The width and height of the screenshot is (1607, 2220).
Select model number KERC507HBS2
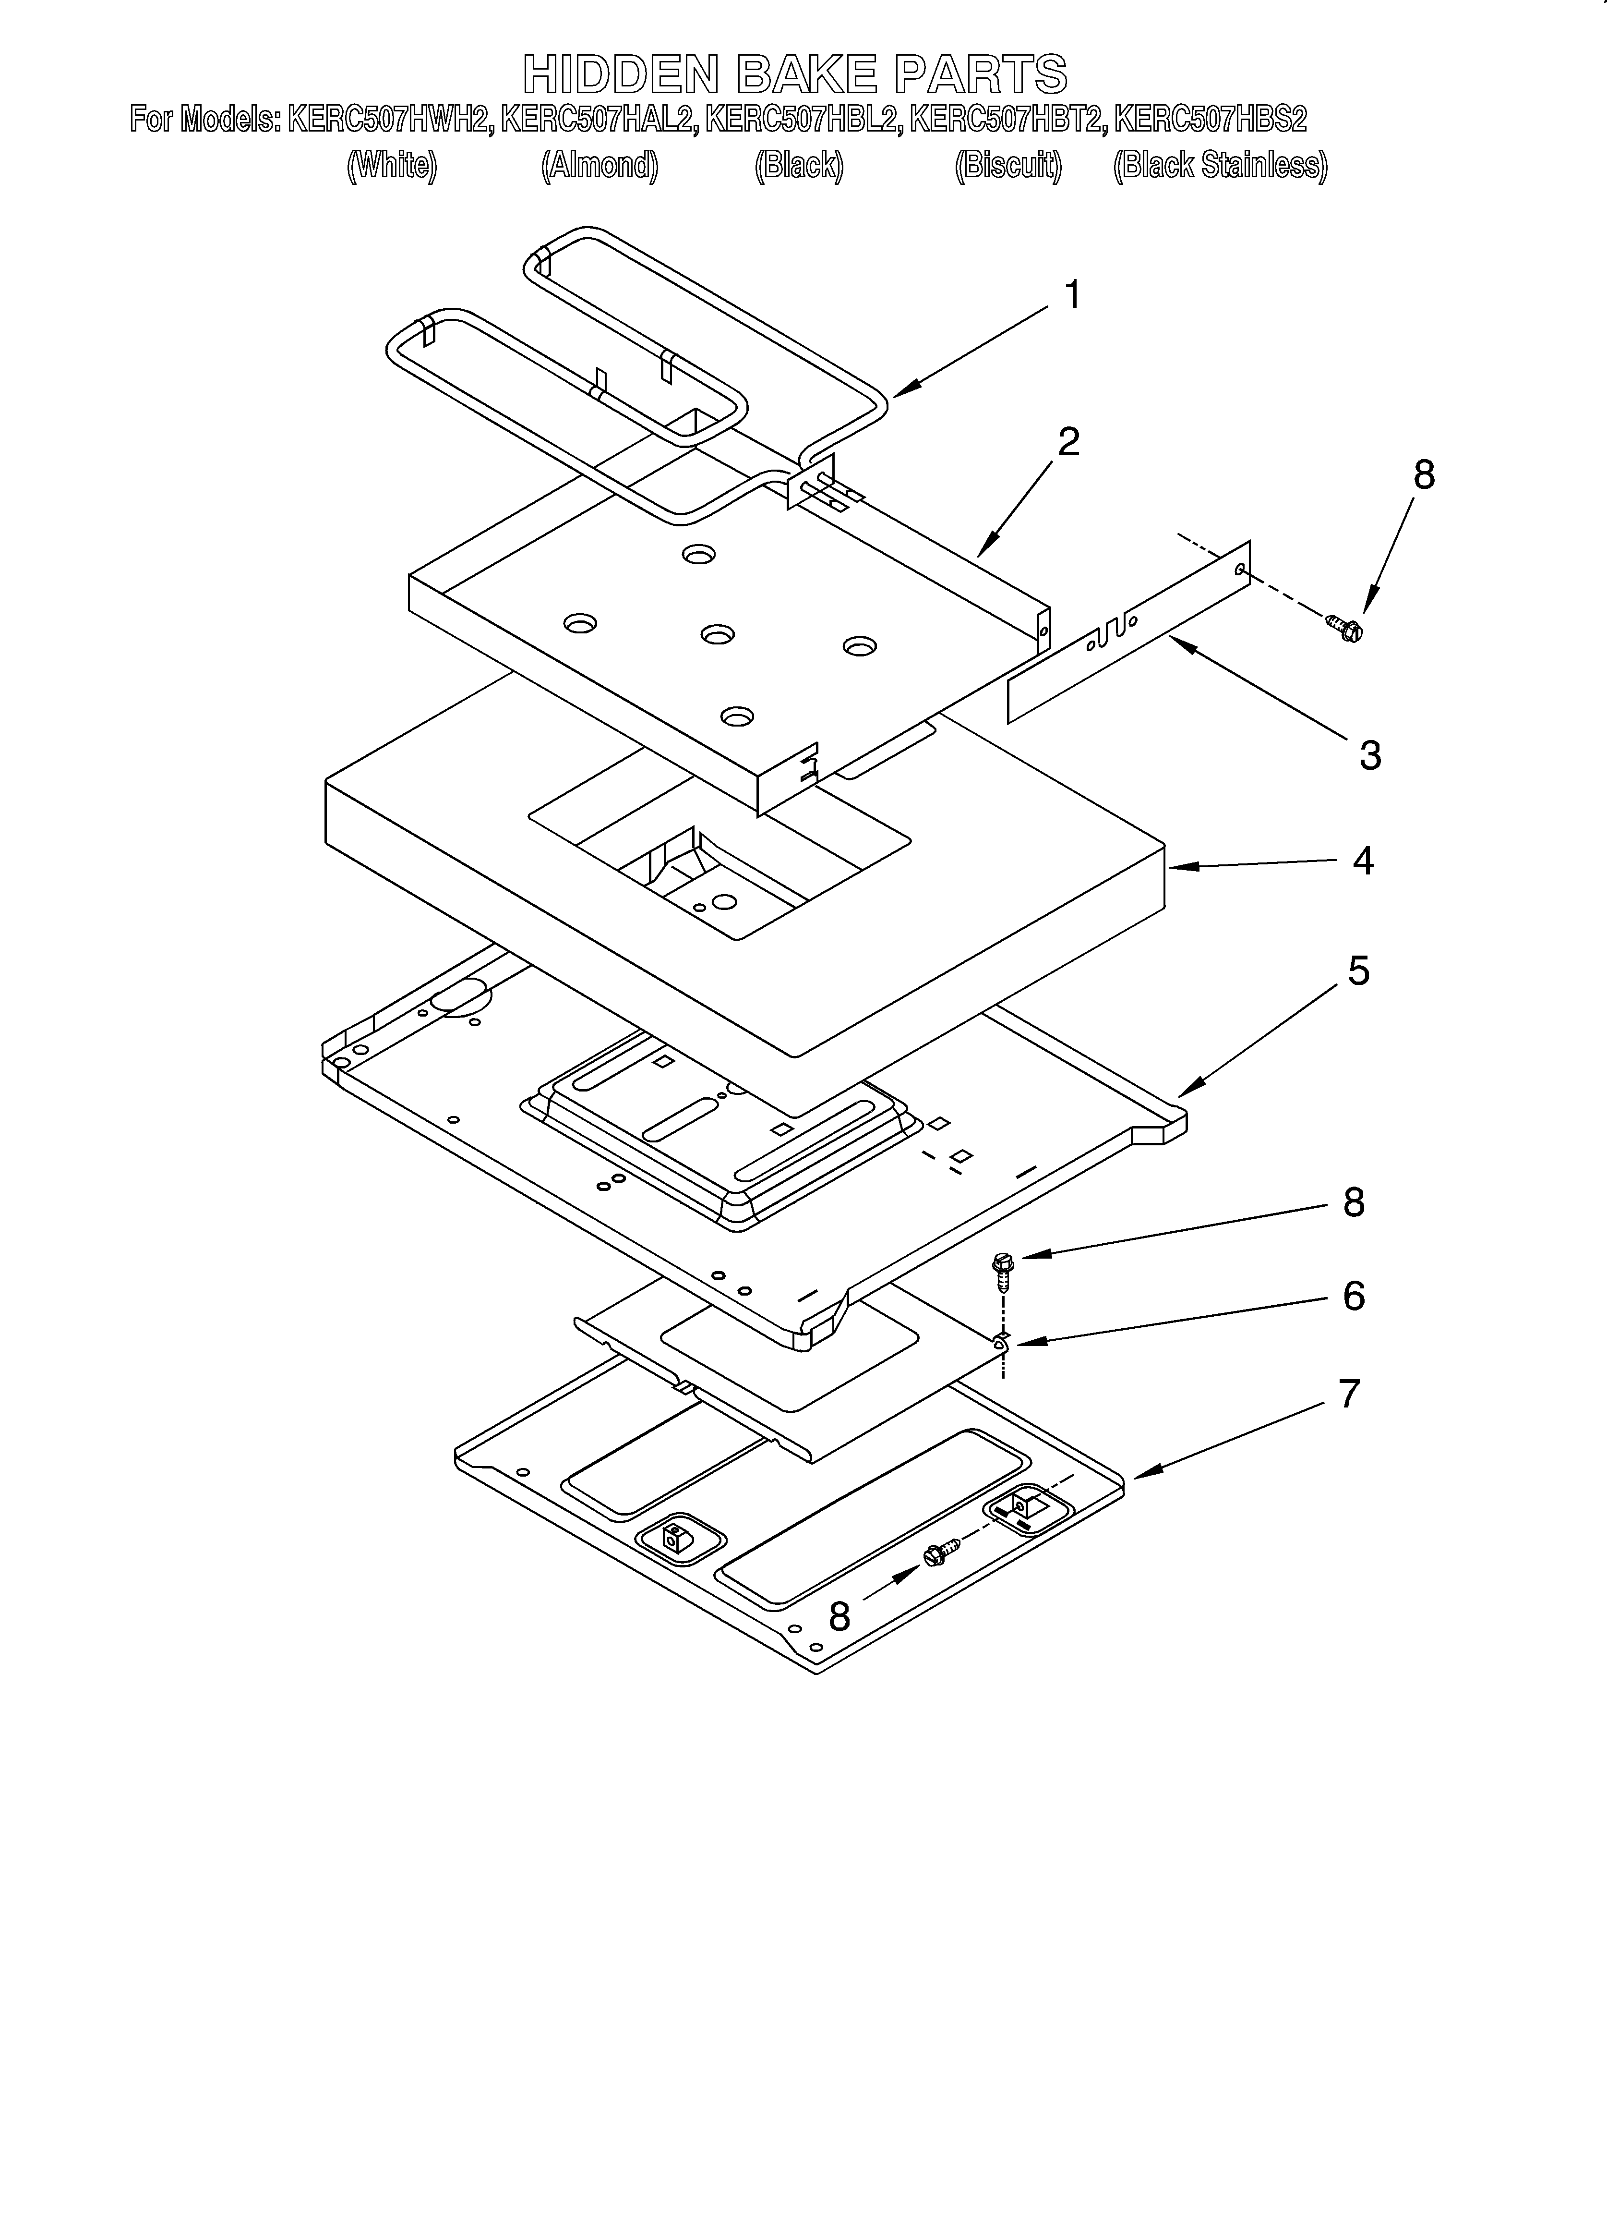coord(1211,120)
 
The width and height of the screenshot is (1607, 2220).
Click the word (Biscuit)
coord(1008,165)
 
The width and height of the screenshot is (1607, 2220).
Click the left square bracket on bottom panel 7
coord(673,1538)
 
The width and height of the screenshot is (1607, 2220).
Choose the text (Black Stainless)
coord(1221,165)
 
